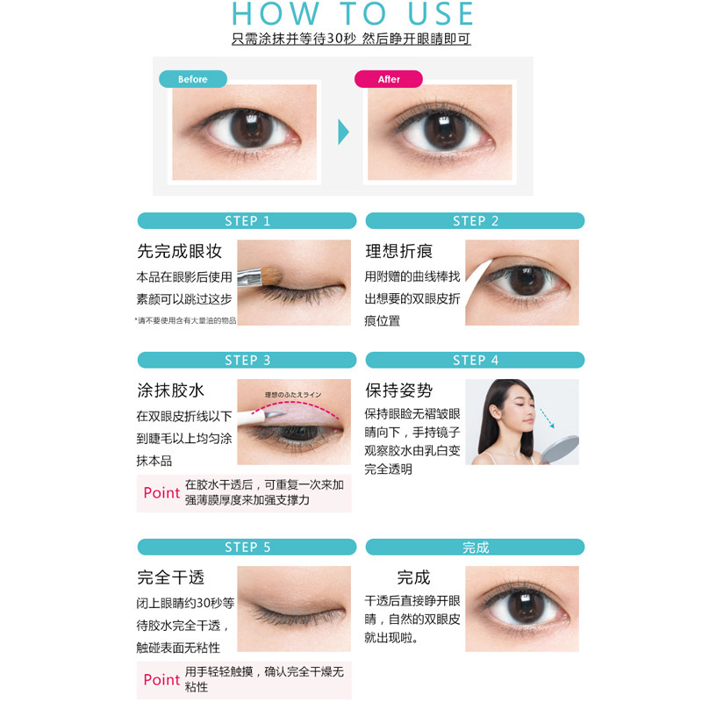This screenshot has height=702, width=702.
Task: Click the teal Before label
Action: [x=193, y=79]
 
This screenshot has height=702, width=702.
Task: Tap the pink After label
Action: [x=389, y=79]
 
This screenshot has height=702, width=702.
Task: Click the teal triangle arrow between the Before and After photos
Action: [x=343, y=132]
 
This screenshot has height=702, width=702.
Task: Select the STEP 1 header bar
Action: [x=247, y=221]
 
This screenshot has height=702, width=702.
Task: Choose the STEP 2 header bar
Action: [x=475, y=221]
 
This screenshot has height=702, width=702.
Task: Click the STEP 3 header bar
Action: [x=247, y=360]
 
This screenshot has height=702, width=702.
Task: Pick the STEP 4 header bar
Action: [x=475, y=360]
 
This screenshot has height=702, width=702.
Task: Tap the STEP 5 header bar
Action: [x=247, y=547]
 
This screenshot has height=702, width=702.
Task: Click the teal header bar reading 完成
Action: [x=475, y=547]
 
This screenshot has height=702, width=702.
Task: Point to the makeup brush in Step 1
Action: [x=260, y=276]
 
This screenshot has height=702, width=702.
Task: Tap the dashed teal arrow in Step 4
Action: [x=547, y=419]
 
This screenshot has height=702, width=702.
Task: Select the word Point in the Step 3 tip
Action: [x=161, y=492]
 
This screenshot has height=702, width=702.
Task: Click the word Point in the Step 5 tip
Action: [x=161, y=679]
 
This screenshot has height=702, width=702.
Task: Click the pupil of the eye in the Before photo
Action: [x=251, y=127]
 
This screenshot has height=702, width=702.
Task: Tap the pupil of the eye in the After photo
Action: [x=444, y=129]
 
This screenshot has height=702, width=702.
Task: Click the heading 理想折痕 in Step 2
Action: [x=399, y=251]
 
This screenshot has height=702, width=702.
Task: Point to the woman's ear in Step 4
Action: [x=495, y=412]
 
